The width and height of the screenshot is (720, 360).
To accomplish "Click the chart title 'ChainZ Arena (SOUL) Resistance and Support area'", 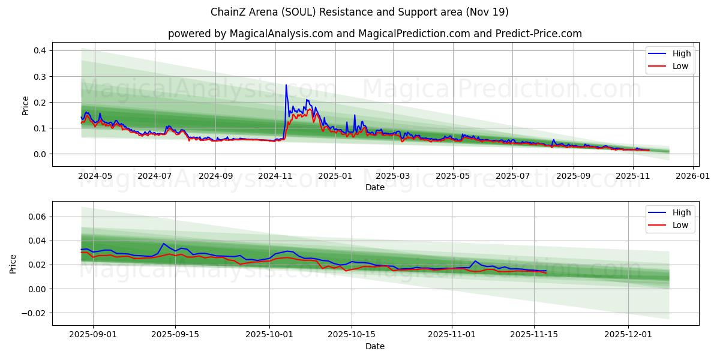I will [x=359, y=12].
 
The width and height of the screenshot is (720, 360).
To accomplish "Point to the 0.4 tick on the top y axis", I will [x=40, y=51].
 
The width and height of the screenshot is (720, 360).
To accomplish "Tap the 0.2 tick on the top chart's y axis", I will [x=40, y=103].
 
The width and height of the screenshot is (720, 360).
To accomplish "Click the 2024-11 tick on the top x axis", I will [x=275, y=176].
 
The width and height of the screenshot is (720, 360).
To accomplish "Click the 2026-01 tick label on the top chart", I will [x=693, y=176].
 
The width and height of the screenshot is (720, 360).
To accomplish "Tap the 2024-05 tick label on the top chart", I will [x=95, y=176].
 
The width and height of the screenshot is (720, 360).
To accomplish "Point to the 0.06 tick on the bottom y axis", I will [x=38, y=217].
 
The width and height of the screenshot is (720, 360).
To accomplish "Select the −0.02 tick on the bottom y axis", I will [x=35, y=313].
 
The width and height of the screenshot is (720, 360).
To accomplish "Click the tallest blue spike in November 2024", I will [x=286, y=85].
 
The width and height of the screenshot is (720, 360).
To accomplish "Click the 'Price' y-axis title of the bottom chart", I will [x=13, y=263].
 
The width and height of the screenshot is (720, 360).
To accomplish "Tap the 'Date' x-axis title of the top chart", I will [x=374, y=187].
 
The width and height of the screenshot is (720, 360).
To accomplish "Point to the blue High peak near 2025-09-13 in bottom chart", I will [x=163, y=244].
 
